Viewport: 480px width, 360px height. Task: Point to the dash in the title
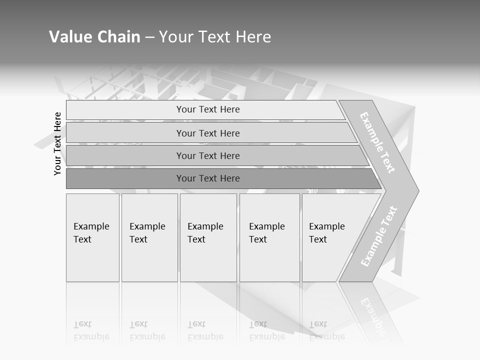(x=149, y=37)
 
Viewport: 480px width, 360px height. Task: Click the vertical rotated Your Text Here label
(x=57, y=143)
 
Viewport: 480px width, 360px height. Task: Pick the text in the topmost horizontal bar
(x=208, y=109)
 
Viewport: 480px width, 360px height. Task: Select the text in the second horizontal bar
(x=208, y=133)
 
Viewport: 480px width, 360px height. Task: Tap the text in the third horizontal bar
(x=208, y=155)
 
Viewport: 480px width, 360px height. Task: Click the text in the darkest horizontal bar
(x=208, y=178)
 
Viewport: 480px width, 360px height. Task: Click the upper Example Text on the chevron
(x=377, y=142)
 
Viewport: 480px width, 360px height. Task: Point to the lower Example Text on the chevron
(x=379, y=236)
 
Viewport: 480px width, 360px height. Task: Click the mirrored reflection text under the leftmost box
(x=91, y=331)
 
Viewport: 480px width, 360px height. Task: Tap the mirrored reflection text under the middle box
(x=205, y=331)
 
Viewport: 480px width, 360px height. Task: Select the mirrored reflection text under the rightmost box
(x=327, y=331)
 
